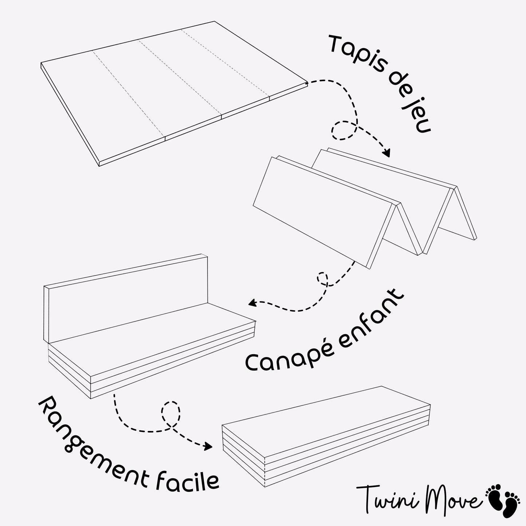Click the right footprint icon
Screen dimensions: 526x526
tap(511, 508)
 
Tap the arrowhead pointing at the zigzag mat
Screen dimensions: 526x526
tap(386, 153)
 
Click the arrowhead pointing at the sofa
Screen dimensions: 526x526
tap(252, 302)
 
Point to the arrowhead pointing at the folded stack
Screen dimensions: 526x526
tap(208, 446)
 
